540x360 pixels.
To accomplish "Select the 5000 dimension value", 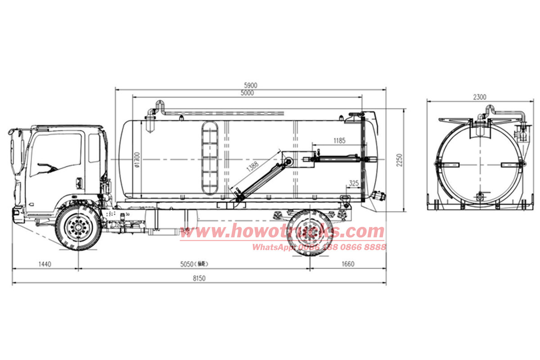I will [247, 93].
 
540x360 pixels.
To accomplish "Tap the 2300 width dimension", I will [480, 97].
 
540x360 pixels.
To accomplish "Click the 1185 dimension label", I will [340, 141].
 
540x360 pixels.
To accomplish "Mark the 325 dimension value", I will [353, 184].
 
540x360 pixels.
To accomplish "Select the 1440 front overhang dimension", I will [45, 264].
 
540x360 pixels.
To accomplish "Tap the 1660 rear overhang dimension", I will [348, 264].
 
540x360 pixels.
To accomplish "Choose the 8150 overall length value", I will [199, 279].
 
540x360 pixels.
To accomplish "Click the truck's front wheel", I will [78, 227].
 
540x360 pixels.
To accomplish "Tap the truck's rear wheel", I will [310, 233].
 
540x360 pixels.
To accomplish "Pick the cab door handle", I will [79, 182].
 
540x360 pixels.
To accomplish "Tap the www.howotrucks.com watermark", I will [282, 232].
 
